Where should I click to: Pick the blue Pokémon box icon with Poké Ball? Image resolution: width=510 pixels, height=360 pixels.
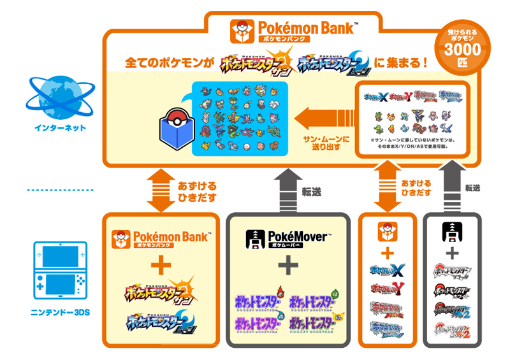coord(171,127)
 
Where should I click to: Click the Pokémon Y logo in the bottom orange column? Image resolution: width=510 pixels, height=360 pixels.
coord(386,290)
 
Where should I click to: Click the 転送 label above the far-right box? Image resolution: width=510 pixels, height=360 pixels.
coord(472,188)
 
